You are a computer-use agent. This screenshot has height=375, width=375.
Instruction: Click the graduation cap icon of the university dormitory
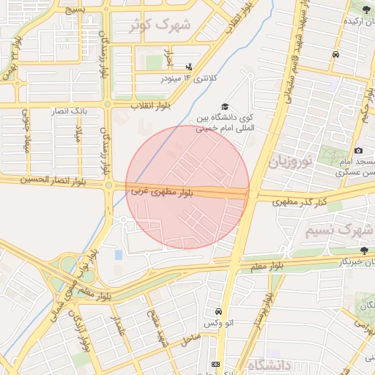click(225, 107)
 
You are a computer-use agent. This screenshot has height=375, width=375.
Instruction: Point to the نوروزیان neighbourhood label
click(294, 160)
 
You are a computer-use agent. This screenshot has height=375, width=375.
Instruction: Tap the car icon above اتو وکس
click(218, 311)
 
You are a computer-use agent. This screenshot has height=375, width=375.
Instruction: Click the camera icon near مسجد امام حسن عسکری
click(358, 150)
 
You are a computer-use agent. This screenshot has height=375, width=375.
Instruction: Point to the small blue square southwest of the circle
click(119, 255)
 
